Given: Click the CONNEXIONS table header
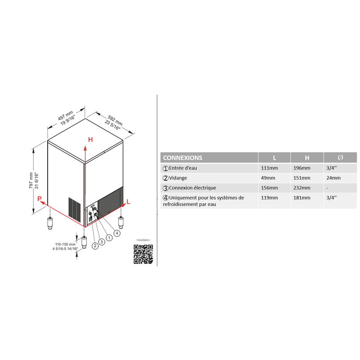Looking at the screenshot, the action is point(183,158).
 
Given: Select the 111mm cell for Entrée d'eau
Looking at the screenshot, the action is point(269,168).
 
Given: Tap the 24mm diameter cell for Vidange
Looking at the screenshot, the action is point(333,178).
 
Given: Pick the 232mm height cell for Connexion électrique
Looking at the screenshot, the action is point(301,188).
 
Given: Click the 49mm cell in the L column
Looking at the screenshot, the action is point(268,178).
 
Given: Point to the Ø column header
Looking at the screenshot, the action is point(340,157).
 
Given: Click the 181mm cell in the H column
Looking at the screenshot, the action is point(301,198).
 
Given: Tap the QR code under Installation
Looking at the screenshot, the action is point(143,254).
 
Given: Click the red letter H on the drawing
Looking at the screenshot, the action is point(90,139).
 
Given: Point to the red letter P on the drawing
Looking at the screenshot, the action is point(40,199).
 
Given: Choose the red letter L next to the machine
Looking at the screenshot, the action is point(128,202).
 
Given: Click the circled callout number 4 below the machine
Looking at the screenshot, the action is point(117,233).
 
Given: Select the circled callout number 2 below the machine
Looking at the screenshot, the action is point(95,246).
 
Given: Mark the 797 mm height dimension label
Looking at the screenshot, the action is point(31,180).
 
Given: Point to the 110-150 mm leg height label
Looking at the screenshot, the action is point(65,244).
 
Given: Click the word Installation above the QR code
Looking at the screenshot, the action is point(143,240).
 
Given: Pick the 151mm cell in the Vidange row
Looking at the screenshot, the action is point(301,178).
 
